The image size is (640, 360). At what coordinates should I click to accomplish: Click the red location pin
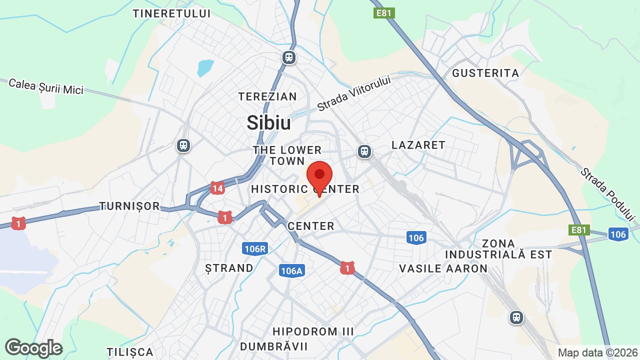coord(319,176)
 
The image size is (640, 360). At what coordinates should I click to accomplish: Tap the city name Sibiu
coord(269,122)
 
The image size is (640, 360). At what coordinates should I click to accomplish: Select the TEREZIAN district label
coord(267,96)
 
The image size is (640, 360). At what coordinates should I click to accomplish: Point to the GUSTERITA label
coord(485,73)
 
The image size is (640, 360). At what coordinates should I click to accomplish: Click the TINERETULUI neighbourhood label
coord(171,13)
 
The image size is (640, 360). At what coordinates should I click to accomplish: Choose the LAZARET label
coord(418,145)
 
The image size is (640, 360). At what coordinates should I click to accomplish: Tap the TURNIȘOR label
coord(129,206)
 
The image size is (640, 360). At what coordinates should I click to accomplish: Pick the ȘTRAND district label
coord(229,268)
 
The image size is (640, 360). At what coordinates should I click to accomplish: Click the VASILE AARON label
coord(443,268)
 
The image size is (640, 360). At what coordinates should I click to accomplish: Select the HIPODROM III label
coord(313,331)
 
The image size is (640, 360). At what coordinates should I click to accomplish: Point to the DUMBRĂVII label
coord(274,346)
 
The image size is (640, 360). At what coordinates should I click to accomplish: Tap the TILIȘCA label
coord(130,352)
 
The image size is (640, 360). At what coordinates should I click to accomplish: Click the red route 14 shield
coord(217,188)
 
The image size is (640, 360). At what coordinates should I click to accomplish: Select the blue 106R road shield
coord(255,248)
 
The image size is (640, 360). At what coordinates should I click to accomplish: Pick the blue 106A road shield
coord(292,271)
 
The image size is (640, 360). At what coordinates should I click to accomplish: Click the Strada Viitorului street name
coord(353,93)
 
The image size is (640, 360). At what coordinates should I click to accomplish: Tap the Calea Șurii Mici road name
coord(46,86)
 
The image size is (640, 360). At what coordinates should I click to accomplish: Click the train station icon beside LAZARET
coord(364,151)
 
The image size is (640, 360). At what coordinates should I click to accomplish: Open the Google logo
coord(33,348)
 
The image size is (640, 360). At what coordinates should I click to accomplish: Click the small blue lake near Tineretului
coord(205,67)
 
